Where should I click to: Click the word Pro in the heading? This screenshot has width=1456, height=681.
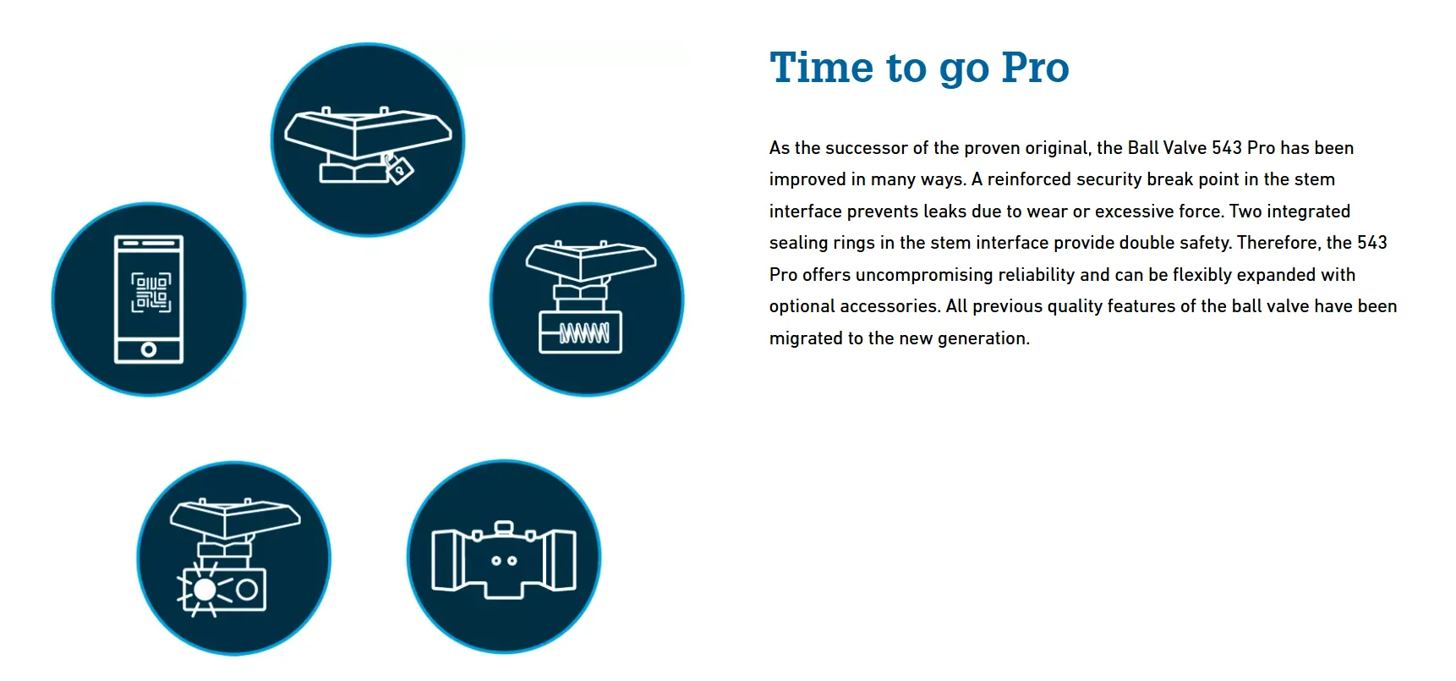point(1035,68)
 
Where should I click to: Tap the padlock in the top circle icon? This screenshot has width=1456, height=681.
point(398,168)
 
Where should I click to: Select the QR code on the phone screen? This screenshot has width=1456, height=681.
point(151,292)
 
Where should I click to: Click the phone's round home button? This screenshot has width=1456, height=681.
point(149,349)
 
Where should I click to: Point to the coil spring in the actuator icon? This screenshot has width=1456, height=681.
point(583,333)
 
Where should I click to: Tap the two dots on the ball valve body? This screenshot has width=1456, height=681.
point(504,561)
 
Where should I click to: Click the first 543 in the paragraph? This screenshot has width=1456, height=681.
point(1227,148)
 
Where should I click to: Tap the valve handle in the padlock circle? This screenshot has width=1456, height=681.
point(368,133)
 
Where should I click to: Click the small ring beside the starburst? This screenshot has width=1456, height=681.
point(247,589)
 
